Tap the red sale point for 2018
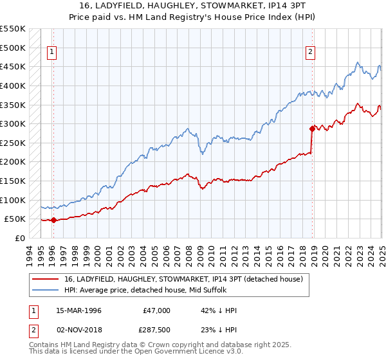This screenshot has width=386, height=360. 313,128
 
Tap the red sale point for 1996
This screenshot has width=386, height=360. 53,220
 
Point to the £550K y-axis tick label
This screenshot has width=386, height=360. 13,29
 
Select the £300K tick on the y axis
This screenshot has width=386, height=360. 13,123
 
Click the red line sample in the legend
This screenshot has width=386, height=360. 46,279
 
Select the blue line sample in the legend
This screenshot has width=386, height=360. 46,290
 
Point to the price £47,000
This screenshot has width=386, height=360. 156,310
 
